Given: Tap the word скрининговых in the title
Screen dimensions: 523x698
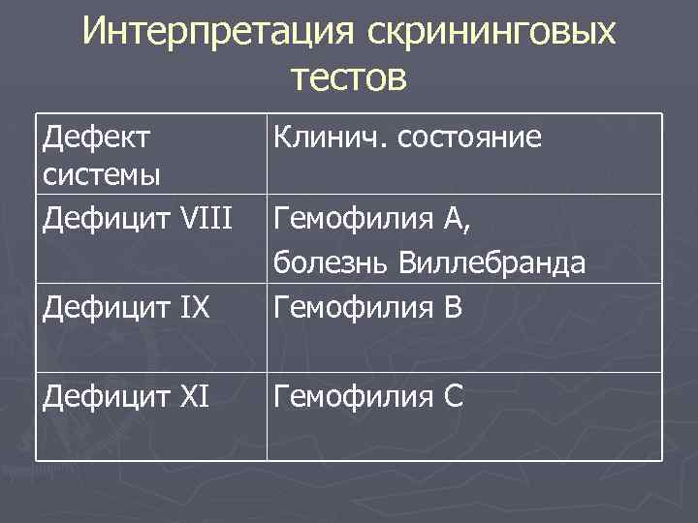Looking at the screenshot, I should [x=492, y=32].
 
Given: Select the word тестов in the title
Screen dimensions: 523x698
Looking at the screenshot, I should [x=348, y=77].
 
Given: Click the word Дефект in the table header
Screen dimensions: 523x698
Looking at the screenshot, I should [x=97, y=138].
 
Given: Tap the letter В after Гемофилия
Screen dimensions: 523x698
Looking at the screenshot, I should [x=455, y=310].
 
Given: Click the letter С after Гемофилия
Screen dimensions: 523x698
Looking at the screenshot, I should [x=455, y=395].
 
